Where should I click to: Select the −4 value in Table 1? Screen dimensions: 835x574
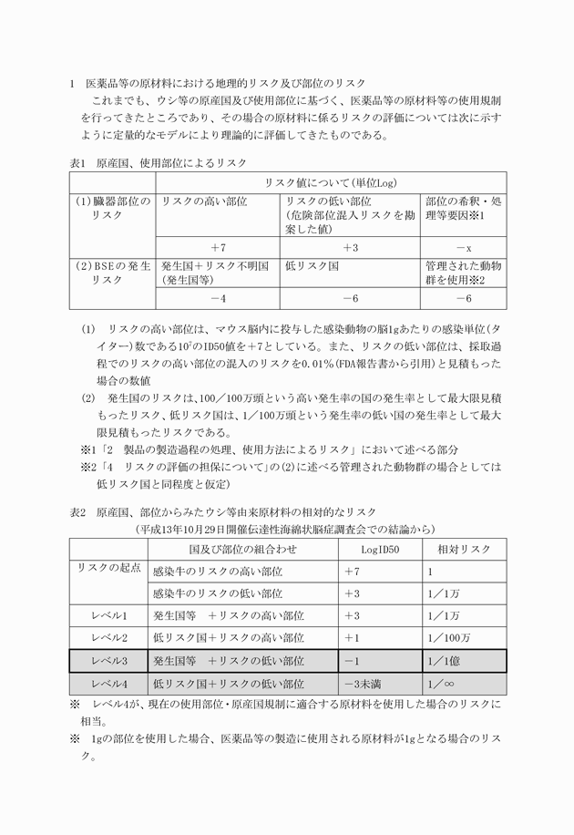point(218,299)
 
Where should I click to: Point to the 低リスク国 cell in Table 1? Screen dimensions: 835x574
point(312,265)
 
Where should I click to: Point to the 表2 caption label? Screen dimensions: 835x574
point(79,512)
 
